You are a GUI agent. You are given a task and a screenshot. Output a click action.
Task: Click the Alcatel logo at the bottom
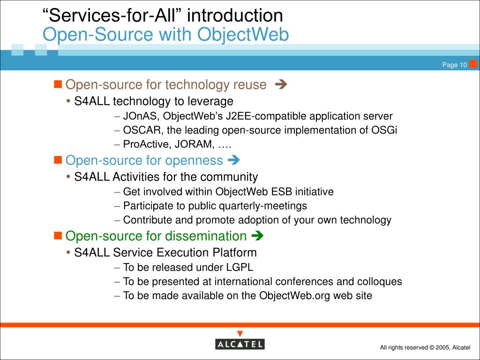tap(240, 344)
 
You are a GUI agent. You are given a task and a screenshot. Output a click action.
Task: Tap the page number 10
tap(463, 65)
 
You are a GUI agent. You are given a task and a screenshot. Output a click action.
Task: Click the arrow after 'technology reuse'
tap(281, 84)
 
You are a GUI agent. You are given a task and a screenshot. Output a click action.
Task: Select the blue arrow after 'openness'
tap(233, 160)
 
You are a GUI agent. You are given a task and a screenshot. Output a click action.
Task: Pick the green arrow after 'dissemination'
tap(257, 236)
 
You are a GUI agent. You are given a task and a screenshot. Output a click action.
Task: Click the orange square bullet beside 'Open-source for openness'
tap(58, 160)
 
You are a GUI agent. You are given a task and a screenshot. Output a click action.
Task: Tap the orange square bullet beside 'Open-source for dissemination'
tap(58, 235)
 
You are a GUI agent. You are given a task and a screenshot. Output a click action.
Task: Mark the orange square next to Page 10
tap(473, 64)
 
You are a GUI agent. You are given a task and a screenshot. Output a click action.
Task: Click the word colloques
tap(380, 282)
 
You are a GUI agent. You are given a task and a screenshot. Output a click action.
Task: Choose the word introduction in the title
tap(235, 15)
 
